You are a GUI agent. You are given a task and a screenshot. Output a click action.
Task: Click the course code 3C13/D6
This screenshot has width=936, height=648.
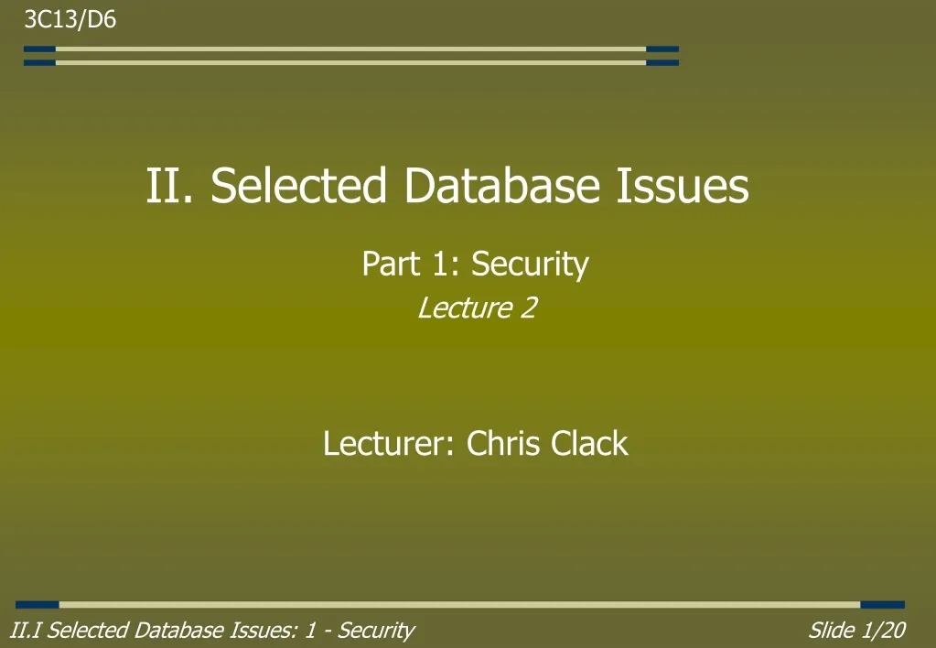[70, 20]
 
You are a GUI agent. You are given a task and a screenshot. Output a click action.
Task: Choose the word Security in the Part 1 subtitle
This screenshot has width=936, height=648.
[530, 265]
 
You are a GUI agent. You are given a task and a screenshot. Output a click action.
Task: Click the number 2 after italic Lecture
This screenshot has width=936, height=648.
[528, 308]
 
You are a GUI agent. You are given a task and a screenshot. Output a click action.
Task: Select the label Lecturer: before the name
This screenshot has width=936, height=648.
[390, 444]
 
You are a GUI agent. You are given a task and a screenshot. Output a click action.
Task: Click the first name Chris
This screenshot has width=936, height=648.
[505, 444]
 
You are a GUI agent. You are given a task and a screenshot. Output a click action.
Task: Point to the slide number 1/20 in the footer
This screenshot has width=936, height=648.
[883, 630]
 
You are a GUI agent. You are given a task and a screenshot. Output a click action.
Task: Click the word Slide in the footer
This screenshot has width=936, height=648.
[831, 630]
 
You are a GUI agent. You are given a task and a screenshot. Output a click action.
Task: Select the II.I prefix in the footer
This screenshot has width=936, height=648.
[26, 630]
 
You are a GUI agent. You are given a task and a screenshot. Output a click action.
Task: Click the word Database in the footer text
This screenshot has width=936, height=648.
[175, 630]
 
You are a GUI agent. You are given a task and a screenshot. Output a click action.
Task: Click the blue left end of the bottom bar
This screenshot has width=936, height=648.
[37, 605]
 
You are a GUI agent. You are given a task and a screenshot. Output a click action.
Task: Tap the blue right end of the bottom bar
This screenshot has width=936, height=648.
[882, 605]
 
